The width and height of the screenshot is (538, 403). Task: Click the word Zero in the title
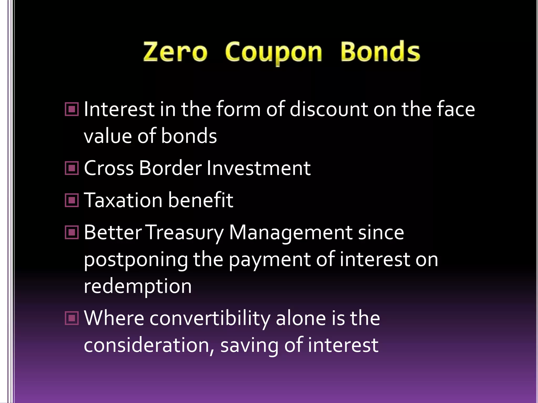tap(175, 52)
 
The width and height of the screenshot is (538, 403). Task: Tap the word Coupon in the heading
tap(273, 52)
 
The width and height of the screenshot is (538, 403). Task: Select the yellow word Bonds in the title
tap(380, 51)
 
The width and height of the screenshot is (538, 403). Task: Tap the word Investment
tap(259, 168)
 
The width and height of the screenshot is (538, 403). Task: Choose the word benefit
tap(200, 200)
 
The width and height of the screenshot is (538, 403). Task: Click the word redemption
tap(138, 286)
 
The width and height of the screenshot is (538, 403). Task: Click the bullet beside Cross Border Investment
tap(72, 168)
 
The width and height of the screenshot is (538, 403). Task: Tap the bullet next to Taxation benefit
tap(72, 200)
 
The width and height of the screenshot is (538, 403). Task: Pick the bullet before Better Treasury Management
tap(72, 232)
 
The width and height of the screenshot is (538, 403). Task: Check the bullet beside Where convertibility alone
tap(72, 318)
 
